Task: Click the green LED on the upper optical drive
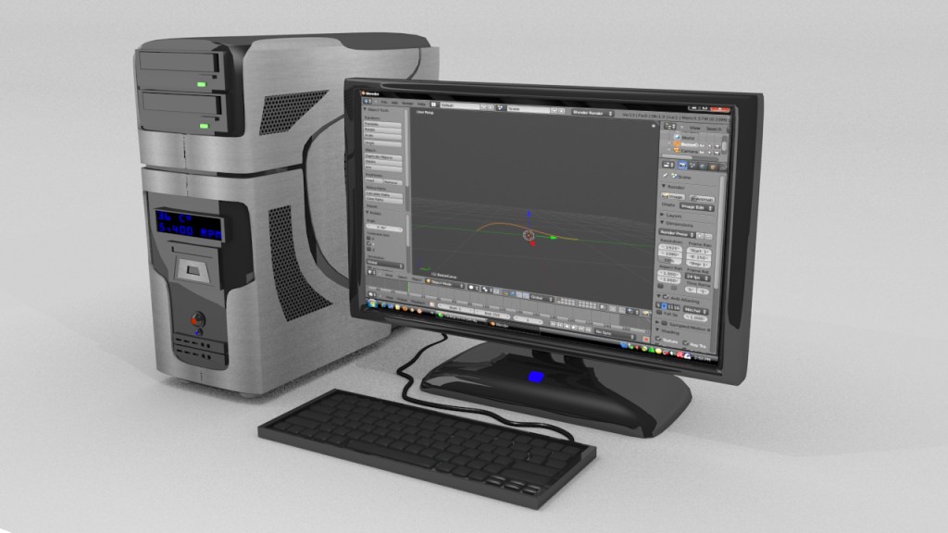pyautogui.click(x=201, y=85)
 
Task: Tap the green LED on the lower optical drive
pyautogui.click(x=202, y=125)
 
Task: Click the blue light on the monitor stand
pyautogui.click(x=537, y=377)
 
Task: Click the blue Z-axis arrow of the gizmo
pyautogui.click(x=529, y=215)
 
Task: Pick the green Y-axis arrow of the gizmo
pyautogui.click(x=553, y=238)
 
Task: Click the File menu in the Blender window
pyautogui.click(x=382, y=101)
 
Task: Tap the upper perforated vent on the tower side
pyautogui.click(x=294, y=110)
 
